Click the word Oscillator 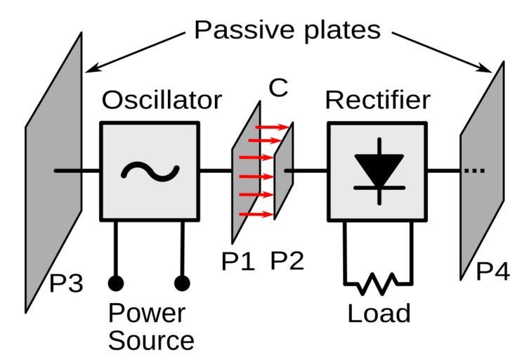pos(162,101)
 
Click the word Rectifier pos(377,101)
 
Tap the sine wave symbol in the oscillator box pos(150,171)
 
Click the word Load pos(379,313)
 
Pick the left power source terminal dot pos(116,283)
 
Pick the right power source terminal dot pos(183,283)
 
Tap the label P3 pos(67,285)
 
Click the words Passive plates pos(287,30)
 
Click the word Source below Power pos(151,341)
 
